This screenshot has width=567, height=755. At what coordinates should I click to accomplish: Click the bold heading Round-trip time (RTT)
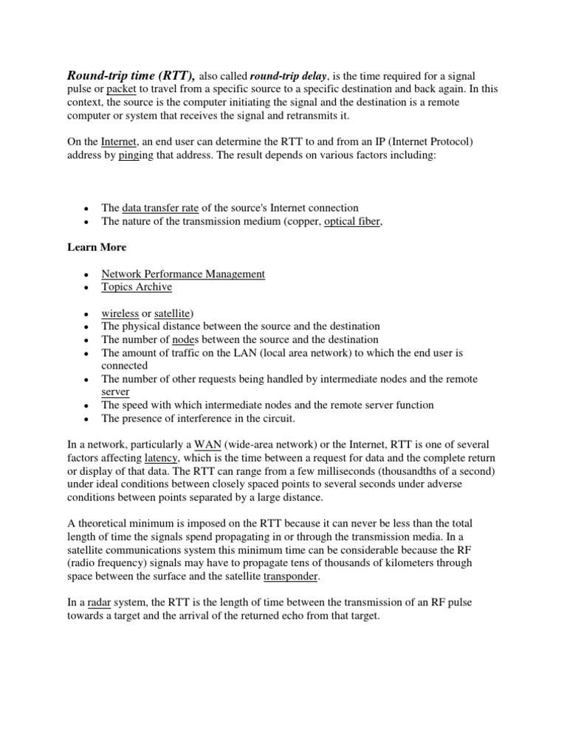[x=131, y=75]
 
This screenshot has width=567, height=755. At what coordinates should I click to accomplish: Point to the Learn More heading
[x=97, y=248]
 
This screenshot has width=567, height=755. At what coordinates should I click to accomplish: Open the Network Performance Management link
[x=182, y=274]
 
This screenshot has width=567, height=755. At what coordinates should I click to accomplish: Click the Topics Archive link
[x=137, y=288]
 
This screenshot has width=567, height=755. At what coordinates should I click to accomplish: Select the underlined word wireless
[x=120, y=313]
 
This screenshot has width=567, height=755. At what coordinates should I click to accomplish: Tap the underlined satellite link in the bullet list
[x=172, y=313]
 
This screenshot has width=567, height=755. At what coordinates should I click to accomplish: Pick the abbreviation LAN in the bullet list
[x=247, y=353]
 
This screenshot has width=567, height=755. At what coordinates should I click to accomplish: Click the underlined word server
[x=115, y=392]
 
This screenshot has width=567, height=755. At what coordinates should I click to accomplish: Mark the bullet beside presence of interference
[x=87, y=420]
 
